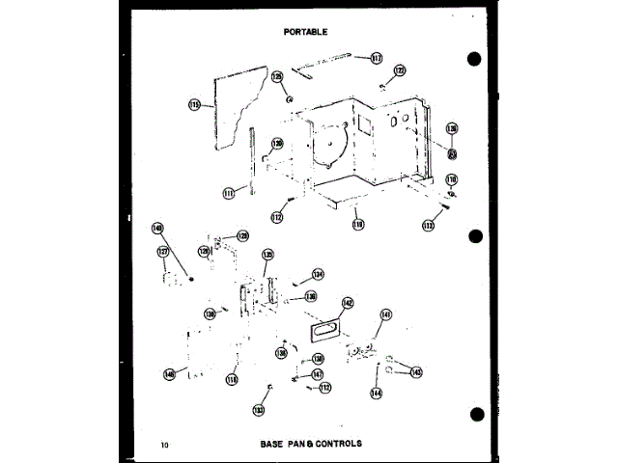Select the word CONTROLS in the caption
(x=340, y=445)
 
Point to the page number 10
(x=165, y=445)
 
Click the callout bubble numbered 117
(x=377, y=58)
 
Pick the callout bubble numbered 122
(x=400, y=70)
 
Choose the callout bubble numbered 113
(x=429, y=225)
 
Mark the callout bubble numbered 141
(x=386, y=314)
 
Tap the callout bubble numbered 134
(x=318, y=274)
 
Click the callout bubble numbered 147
(x=317, y=374)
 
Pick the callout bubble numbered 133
(x=259, y=410)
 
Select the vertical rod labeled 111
(x=251, y=159)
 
